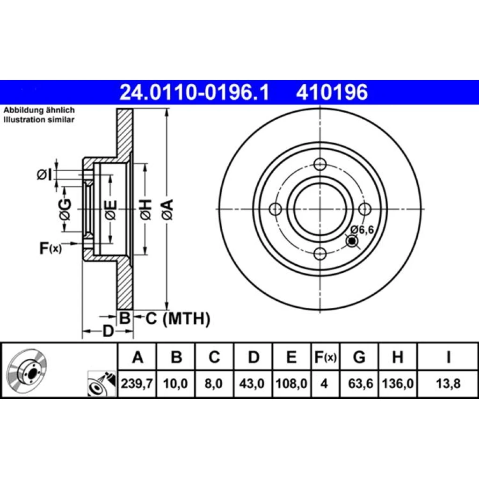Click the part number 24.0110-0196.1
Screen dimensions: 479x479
[194, 93]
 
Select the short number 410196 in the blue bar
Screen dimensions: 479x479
[332, 93]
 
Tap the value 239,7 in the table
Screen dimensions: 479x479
[137, 384]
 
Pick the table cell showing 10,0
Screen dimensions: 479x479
[175, 384]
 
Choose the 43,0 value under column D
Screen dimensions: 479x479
[252, 384]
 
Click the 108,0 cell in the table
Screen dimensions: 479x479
[291, 384]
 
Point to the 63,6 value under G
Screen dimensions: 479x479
[361, 384]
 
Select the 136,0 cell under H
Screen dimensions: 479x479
[398, 384]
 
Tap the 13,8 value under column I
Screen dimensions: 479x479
[448, 384]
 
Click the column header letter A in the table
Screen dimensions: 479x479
[138, 357]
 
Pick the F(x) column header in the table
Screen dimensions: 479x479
[326, 357]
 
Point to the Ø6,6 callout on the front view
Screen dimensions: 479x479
[362, 229]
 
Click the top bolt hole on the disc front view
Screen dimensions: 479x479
[320, 165]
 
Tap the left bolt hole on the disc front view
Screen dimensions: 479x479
[276, 209]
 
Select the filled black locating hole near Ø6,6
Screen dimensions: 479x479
[352, 241]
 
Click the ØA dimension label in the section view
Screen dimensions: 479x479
[168, 210]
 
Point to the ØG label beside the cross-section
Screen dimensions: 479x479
[65, 210]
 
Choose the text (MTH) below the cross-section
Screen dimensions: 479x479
[186, 319]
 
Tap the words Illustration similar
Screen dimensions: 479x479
[39, 119]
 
